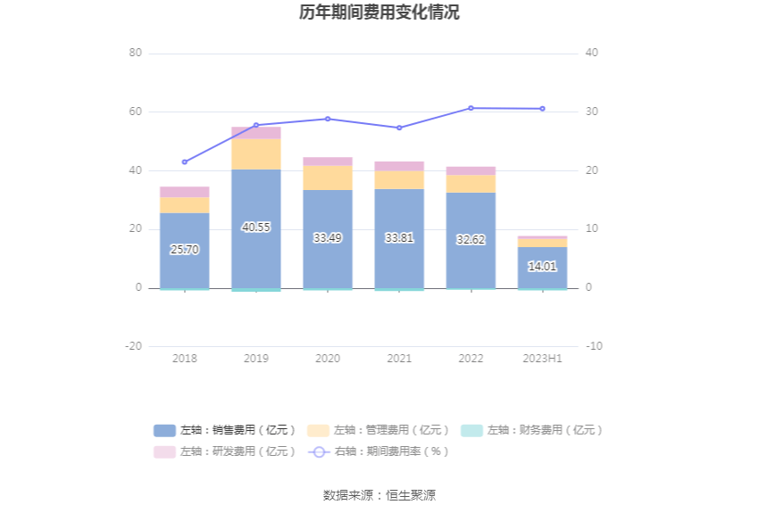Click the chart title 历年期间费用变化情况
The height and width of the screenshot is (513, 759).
point(379,12)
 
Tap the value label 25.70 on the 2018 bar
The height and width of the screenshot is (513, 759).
point(185,250)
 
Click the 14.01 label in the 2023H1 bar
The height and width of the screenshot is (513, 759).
point(542,266)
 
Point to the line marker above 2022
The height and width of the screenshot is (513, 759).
point(471,108)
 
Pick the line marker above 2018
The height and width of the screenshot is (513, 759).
point(185,162)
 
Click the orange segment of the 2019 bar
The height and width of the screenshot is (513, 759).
point(256,153)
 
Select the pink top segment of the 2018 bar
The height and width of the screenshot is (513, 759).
point(185,192)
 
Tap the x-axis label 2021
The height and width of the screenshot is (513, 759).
point(399,358)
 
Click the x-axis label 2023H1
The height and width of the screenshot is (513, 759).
point(542,358)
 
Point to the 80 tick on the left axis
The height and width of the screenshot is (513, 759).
point(136,53)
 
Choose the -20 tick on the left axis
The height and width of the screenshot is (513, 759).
point(134,346)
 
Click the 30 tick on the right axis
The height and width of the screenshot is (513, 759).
point(591,112)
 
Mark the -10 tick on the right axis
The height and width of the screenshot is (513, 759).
point(594,346)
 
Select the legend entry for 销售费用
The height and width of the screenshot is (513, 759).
point(225,430)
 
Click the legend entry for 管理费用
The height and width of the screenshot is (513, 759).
point(379,430)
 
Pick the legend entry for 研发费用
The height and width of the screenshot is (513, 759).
point(225,451)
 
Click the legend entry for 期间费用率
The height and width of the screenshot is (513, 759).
point(379,451)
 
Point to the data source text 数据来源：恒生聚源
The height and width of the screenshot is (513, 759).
point(379,495)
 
